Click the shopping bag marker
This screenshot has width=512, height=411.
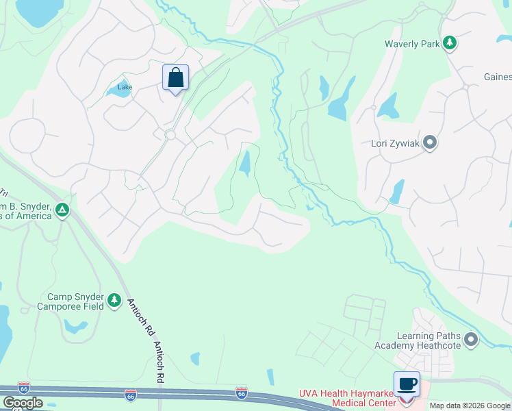tap(175, 77)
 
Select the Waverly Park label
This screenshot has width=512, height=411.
tap(412, 44)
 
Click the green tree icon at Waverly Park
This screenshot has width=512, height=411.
tap(449, 44)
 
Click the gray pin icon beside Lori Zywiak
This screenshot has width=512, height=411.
tap(430, 142)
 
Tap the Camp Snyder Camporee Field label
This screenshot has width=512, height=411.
tap(75, 301)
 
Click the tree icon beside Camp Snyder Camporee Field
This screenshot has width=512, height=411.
tap(114, 301)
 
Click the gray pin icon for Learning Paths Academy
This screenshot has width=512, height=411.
tap(470, 339)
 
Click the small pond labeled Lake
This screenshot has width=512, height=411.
tap(120, 91)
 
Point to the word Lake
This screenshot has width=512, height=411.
tap(125, 87)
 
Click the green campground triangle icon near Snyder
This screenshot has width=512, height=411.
tap(62, 210)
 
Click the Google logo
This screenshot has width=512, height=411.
tap(23, 403)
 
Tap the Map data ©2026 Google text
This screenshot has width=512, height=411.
tap(470, 406)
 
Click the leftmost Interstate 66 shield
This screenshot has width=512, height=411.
tap(24, 388)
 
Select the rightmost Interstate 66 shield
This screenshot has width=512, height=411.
tap(241, 393)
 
